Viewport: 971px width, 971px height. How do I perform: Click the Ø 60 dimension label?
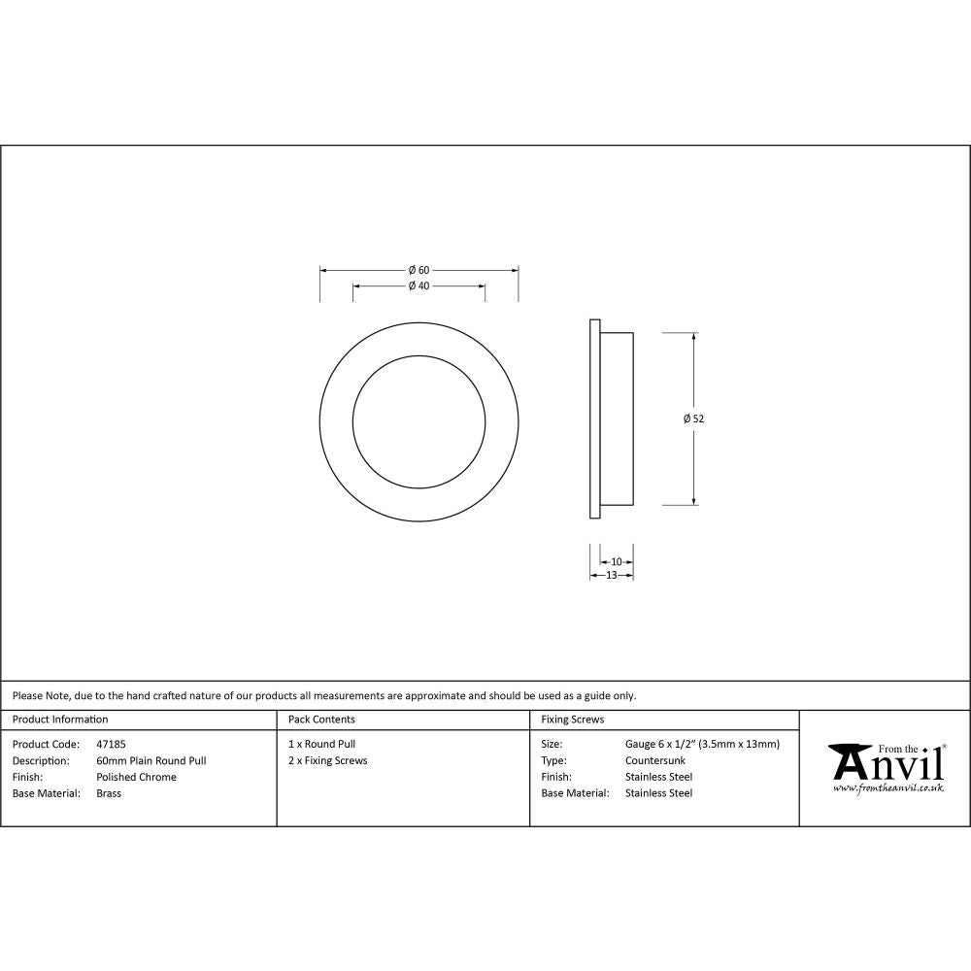(419, 269)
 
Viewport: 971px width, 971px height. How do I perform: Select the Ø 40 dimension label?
(419, 285)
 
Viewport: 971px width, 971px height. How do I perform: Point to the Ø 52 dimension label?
(693, 419)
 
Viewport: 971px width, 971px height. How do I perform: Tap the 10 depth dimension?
(617, 561)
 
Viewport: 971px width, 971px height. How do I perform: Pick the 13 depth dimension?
(612, 575)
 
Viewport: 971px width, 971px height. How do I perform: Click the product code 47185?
(111, 744)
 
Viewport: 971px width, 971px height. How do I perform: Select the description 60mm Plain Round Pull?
(151, 760)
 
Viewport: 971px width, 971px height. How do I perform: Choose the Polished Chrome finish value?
(136, 777)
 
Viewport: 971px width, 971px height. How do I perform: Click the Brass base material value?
(109, 793)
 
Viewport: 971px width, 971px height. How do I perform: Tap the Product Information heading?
(60, 720)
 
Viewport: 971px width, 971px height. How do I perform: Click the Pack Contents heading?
(321, 720)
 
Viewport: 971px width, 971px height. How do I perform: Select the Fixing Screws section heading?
(572, 720)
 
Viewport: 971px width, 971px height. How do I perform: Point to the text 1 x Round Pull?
(321, 744)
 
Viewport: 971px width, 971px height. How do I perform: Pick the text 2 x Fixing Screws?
(327, 760)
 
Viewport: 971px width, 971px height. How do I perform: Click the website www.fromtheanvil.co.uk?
(887, 787)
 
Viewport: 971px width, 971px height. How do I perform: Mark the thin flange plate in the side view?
(593, 419)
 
